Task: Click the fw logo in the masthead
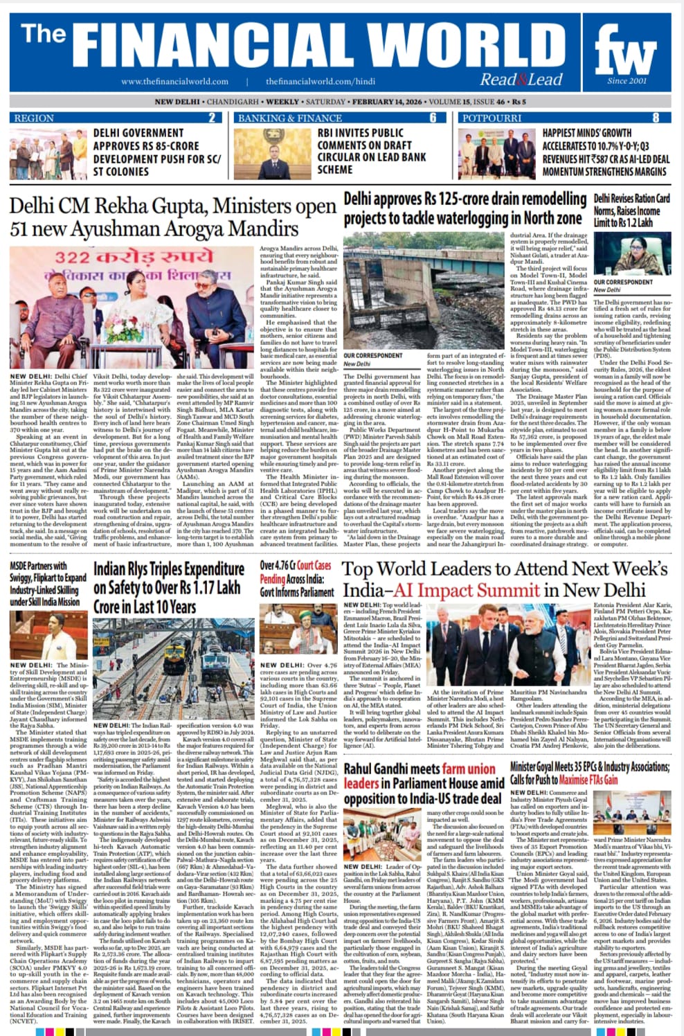tap(625, 54)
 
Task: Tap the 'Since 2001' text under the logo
tap(627, 81)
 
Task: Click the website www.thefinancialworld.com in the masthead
tap(174, 82)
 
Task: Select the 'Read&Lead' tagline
tap(521, 80)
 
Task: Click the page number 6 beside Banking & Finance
tap(433, 118)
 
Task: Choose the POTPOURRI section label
tap(492, 118)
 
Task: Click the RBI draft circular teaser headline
tap(371, 151)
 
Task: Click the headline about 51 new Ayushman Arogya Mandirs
tap(172, 217)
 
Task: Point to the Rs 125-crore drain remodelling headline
tap(465, 208)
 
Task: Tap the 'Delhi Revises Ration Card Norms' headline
tap(631, 211)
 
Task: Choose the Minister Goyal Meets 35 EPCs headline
tap(590, 773)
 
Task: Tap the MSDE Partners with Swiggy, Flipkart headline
tap(48, 584)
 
